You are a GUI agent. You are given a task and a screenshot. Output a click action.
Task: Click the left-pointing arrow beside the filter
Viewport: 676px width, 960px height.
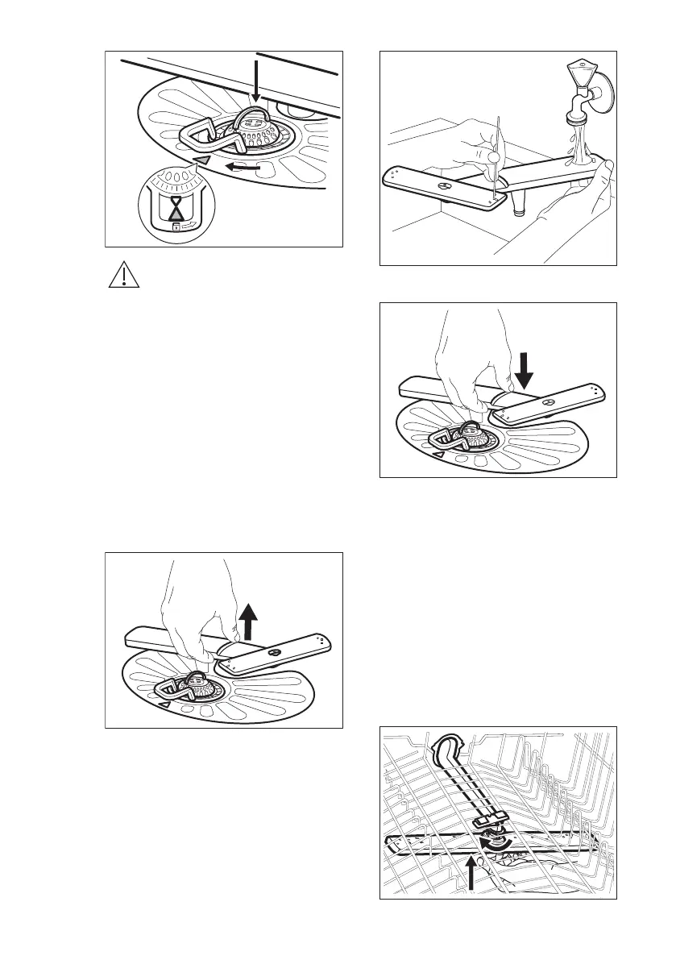(243, 168)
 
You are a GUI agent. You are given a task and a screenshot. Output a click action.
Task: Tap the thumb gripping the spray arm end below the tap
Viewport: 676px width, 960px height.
(600, 170)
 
